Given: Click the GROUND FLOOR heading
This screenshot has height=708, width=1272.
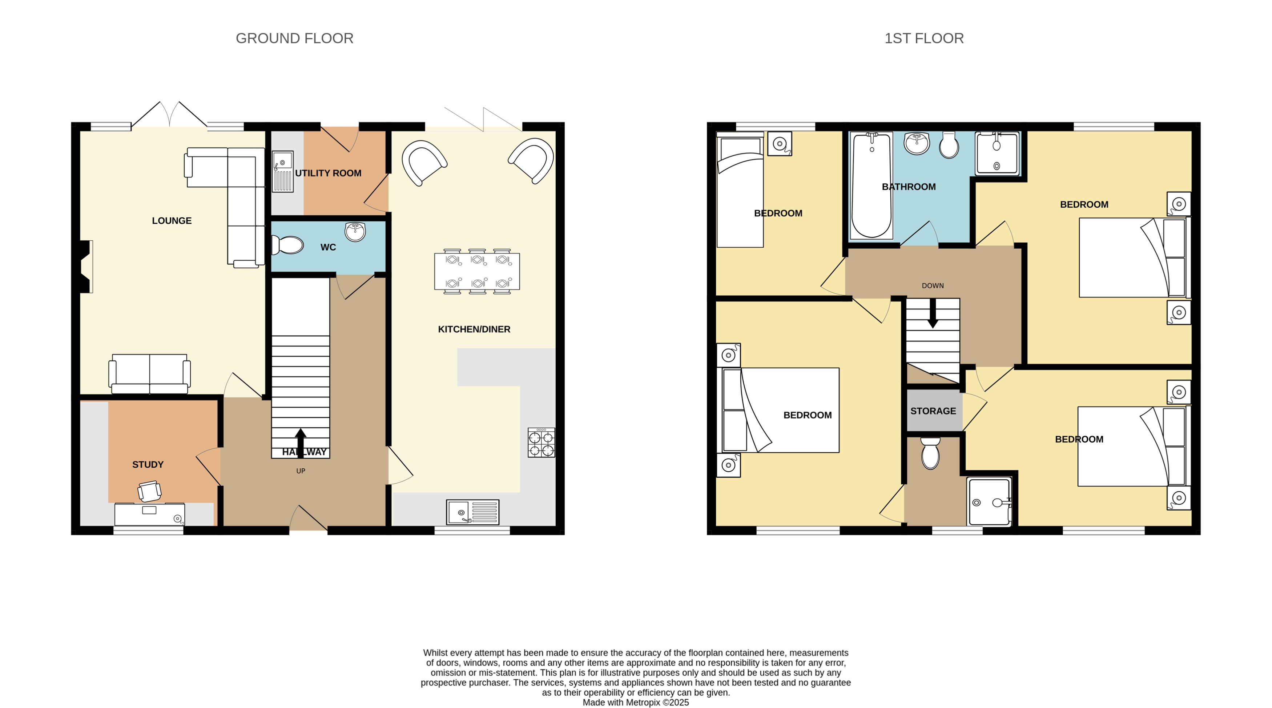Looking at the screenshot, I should tap(294, 38).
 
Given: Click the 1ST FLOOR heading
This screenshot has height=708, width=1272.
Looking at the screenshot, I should tap(923, 38).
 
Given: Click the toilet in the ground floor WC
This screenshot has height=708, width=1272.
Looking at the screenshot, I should tap(288, 245).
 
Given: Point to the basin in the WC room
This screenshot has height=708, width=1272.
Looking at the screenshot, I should tap(355, 231).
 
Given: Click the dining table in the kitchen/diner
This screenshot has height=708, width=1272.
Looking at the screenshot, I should tap(477, 271).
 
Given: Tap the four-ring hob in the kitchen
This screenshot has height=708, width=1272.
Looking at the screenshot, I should tap(541, 443).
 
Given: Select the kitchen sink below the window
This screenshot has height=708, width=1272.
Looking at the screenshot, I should tap(472, 512).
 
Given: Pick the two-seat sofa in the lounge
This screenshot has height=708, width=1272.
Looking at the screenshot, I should tap(150, 374).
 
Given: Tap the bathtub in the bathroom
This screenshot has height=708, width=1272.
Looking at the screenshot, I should tap(872, 186).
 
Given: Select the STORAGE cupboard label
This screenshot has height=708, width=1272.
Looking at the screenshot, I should tap(933, 411).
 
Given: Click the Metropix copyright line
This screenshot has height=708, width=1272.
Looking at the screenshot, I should tap(636, 703).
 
